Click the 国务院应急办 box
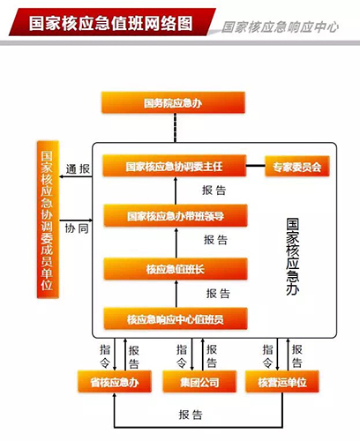(x=173, y=102)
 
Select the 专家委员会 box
(x=297, y=167)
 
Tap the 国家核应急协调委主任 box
(x=175, y=166)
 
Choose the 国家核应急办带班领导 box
(x=176, y=216)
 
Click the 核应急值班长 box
(x=176, y=269)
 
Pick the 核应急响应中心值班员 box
(x=176, y=318)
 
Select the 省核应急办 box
(x=115, y=382)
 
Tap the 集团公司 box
(x=199, y=382)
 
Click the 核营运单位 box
(x=282, y=382)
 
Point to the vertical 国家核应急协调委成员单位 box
(x=48, y=220)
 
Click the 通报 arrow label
(x=78, y=169)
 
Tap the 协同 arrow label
(x=77, y=228)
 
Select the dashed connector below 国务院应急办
(x=176, y=128)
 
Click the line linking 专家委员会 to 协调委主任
(x=256, y=166)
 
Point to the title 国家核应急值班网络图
(x=111, y=23)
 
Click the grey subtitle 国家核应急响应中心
(x=280, y=27)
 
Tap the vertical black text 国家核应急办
(x=293, y=257)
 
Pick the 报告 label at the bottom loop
(x=191, y=415)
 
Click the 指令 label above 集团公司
(x=182, y=356)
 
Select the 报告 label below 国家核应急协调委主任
(x=214, y=191)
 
